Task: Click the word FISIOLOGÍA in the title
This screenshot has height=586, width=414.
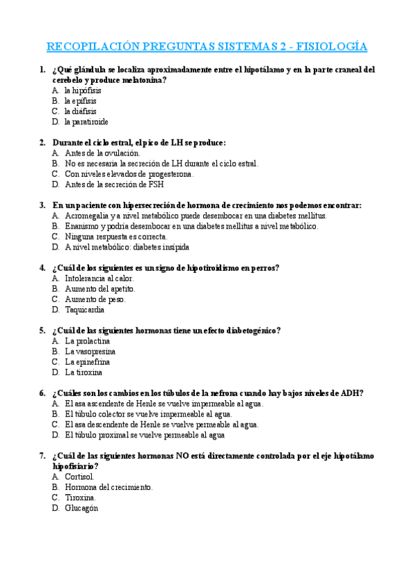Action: (x=332, y=46)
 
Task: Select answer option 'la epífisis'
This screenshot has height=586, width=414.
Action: (x=81, y=101)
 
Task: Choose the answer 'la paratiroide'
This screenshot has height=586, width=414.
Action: (x=86, y=122)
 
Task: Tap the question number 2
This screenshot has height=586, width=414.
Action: (x=43, y=142)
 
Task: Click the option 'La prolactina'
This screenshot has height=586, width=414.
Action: (x=88, y=341)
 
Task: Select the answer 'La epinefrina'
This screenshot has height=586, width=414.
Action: (x=87, y=361)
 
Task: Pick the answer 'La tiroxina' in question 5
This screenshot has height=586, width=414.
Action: (x=84, y=372)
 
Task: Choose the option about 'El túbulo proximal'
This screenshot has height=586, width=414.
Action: (x=145, y=435)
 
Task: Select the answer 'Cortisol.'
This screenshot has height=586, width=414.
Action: (x=80, y=477)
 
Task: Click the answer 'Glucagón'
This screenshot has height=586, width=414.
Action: (x=82, y=508)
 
